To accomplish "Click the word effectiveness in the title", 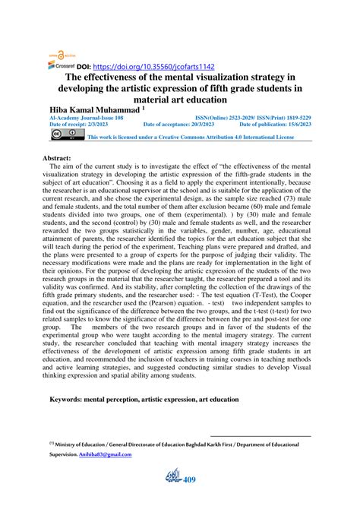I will coord(118,77).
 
